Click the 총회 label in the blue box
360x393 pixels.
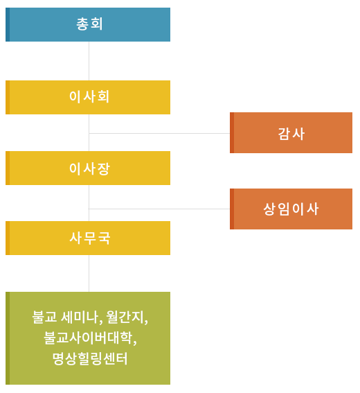coord(89,24)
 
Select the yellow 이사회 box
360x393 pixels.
coord(89,97)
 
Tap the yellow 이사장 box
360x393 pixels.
coord(89,168)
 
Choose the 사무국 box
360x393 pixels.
coord(89,238)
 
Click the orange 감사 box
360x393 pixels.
coord(291,134)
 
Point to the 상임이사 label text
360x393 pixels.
coord(291,209)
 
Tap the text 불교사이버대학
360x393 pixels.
coord(89,338)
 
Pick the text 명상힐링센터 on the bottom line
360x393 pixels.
coord(89,359)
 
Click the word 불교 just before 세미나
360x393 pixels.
coord(44,317)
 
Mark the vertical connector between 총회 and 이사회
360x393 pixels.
coord(89,61)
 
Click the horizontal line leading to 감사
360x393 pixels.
coord(159,133)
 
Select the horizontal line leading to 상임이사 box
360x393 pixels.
coord(159,209)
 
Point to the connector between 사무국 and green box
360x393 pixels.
coord(89,267)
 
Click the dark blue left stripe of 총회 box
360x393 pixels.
coord(8,24)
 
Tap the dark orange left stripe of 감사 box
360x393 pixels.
coord(232,132)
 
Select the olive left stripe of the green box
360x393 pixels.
coord(8,331)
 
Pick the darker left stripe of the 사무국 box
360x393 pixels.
coord(8,238)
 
